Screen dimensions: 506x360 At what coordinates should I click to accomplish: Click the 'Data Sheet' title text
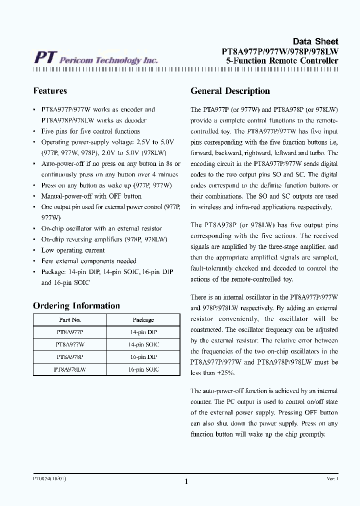click(315, 41)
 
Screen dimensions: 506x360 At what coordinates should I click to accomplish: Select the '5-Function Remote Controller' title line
click(282, 61)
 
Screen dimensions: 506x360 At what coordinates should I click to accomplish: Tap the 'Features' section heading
click(50, 91)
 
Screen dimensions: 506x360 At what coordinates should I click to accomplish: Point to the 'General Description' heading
click(230, 91)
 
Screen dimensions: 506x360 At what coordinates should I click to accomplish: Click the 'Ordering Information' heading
click(76, 306)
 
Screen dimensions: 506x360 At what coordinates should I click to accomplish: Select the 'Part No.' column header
click(69, 320)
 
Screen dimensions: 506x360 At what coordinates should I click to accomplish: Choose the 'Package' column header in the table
click(143, 320)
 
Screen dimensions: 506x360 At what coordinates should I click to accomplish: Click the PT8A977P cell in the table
click(69, 332)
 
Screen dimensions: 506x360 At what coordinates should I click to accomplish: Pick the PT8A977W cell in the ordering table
click(69, 344)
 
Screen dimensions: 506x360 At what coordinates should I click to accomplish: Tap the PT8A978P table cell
click(69, 357)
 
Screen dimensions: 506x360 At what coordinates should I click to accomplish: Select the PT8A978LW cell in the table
click(69, 369)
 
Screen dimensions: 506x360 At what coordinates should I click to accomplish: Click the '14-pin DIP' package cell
click(143, 332)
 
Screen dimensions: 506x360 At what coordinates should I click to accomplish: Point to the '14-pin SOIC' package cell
click(143, 344)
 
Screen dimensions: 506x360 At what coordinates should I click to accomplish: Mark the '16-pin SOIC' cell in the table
click(143, 369)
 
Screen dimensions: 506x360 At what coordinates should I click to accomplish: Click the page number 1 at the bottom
click(186, 481)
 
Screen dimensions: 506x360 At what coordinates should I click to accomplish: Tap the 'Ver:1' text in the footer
click(332, 478)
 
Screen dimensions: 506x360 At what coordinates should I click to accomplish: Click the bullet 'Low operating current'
click(73, 250)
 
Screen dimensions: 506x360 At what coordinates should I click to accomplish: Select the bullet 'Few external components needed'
click(88, 261)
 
